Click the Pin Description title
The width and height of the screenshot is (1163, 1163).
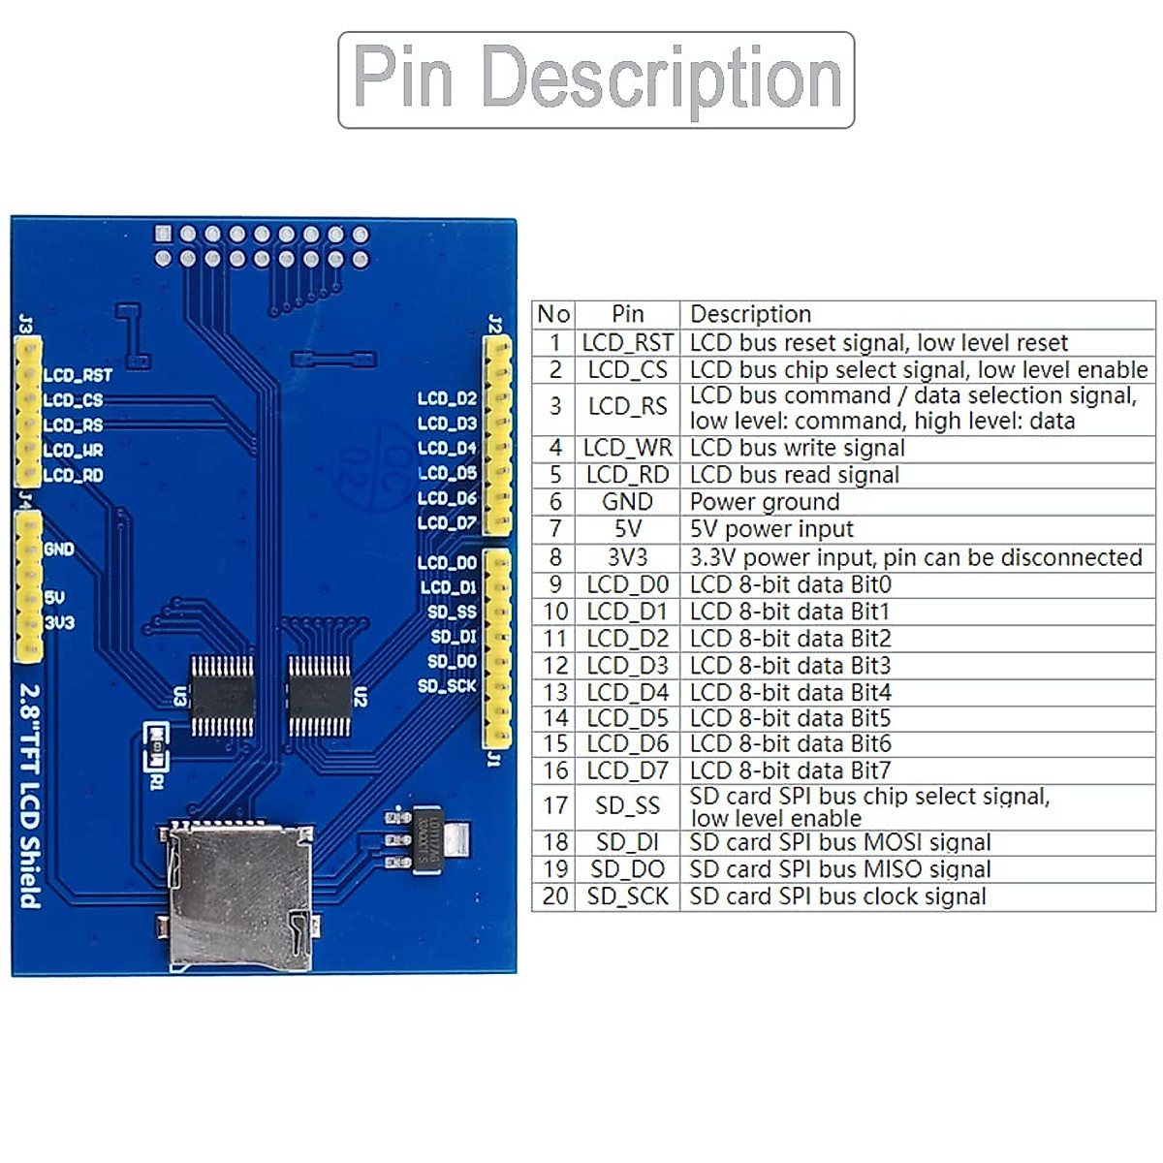click(596, 79)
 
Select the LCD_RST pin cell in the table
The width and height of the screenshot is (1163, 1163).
click(627, 343)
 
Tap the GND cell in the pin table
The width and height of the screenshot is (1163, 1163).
click(627, 502)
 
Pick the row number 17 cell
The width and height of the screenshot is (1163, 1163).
click(555, 806)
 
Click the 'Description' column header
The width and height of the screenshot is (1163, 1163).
click(750, 314)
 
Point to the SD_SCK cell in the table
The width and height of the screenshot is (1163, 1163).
click(627, 896)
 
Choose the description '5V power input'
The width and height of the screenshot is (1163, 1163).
click(771, 529)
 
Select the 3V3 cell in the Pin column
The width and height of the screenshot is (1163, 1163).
click(627, 557)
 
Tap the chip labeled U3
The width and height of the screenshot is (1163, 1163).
click(222, 696)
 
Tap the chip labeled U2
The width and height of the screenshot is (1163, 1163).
click(319, 696)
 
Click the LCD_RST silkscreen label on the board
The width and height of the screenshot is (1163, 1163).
click(78, 376)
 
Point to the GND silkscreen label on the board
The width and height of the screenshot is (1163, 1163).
click(59, 550)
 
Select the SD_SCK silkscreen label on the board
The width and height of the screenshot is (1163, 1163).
click(447, 686)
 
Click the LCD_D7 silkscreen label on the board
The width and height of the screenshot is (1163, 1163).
click(447, 523)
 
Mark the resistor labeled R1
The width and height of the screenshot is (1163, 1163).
click(154, 735)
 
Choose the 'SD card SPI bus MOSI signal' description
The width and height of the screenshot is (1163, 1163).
click(839, 842)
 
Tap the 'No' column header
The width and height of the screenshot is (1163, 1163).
click(553, 314)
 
